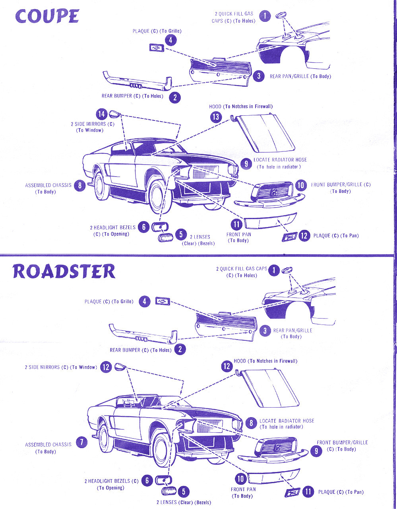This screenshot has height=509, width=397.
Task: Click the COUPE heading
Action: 47,16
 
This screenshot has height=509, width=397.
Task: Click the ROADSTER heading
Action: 64,271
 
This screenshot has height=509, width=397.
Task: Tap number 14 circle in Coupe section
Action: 102,115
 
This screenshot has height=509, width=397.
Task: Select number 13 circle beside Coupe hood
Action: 215,117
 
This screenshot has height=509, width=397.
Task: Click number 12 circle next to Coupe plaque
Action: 304,236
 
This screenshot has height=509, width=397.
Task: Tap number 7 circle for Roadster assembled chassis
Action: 81,442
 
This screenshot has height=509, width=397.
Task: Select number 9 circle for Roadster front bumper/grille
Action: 316,451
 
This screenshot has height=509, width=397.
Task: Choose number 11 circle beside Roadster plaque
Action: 308,492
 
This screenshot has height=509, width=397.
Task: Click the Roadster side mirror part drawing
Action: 119,366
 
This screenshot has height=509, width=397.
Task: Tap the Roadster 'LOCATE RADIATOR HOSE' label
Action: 287,421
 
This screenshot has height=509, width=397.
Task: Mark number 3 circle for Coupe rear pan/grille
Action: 259,76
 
